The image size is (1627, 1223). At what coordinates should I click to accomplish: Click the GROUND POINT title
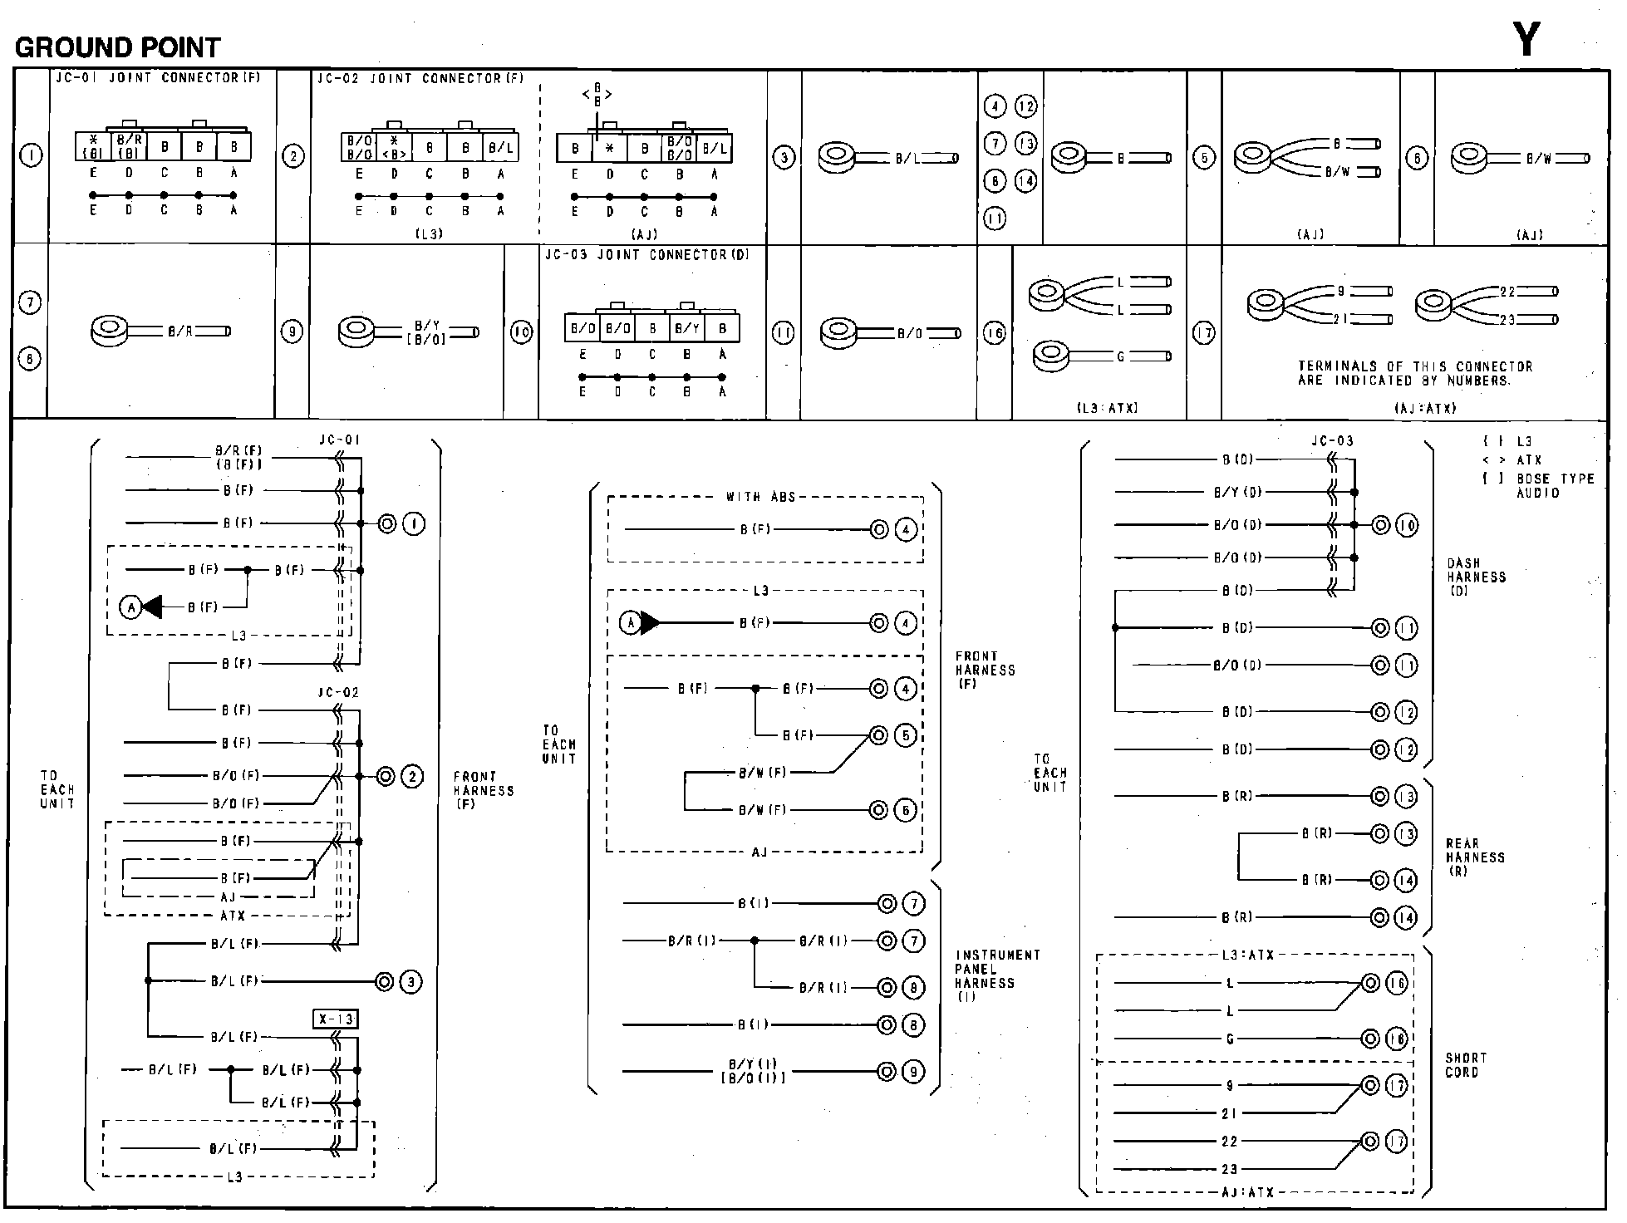tap(118, 47)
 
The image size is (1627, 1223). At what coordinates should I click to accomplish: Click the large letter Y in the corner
tap(1526, 39)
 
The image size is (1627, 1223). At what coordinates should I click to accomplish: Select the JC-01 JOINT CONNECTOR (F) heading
tap(158, 78)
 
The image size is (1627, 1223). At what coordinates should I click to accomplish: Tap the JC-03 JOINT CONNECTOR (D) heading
tap(646, 255)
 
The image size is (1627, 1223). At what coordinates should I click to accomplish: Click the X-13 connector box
tap(336, 1019)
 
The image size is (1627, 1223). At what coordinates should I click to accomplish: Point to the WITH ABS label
tap(760, 497)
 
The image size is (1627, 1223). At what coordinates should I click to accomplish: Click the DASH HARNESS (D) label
tap(1475, 577)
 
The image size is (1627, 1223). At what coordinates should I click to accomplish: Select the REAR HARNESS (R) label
tap(1474, 857)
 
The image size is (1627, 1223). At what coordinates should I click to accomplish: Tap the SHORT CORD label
tap(1466, 1065)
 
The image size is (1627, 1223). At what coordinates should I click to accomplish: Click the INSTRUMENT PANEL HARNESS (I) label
tap(996, 975)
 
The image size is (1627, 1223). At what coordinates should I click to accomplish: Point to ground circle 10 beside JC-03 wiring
tap(1406, 526)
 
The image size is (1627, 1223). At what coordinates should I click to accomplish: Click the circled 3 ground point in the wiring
tap(410, 982)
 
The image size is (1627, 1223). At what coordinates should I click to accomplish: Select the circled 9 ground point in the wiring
tap(912, 1072)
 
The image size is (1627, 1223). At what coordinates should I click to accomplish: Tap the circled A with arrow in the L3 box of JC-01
tap(131, 608)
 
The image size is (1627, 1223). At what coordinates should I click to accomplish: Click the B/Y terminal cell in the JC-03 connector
tap(687, 329)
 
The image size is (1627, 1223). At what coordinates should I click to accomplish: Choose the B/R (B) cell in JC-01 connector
tap(130, 147)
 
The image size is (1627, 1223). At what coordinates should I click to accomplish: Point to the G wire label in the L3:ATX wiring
tap(1230, 1039)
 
